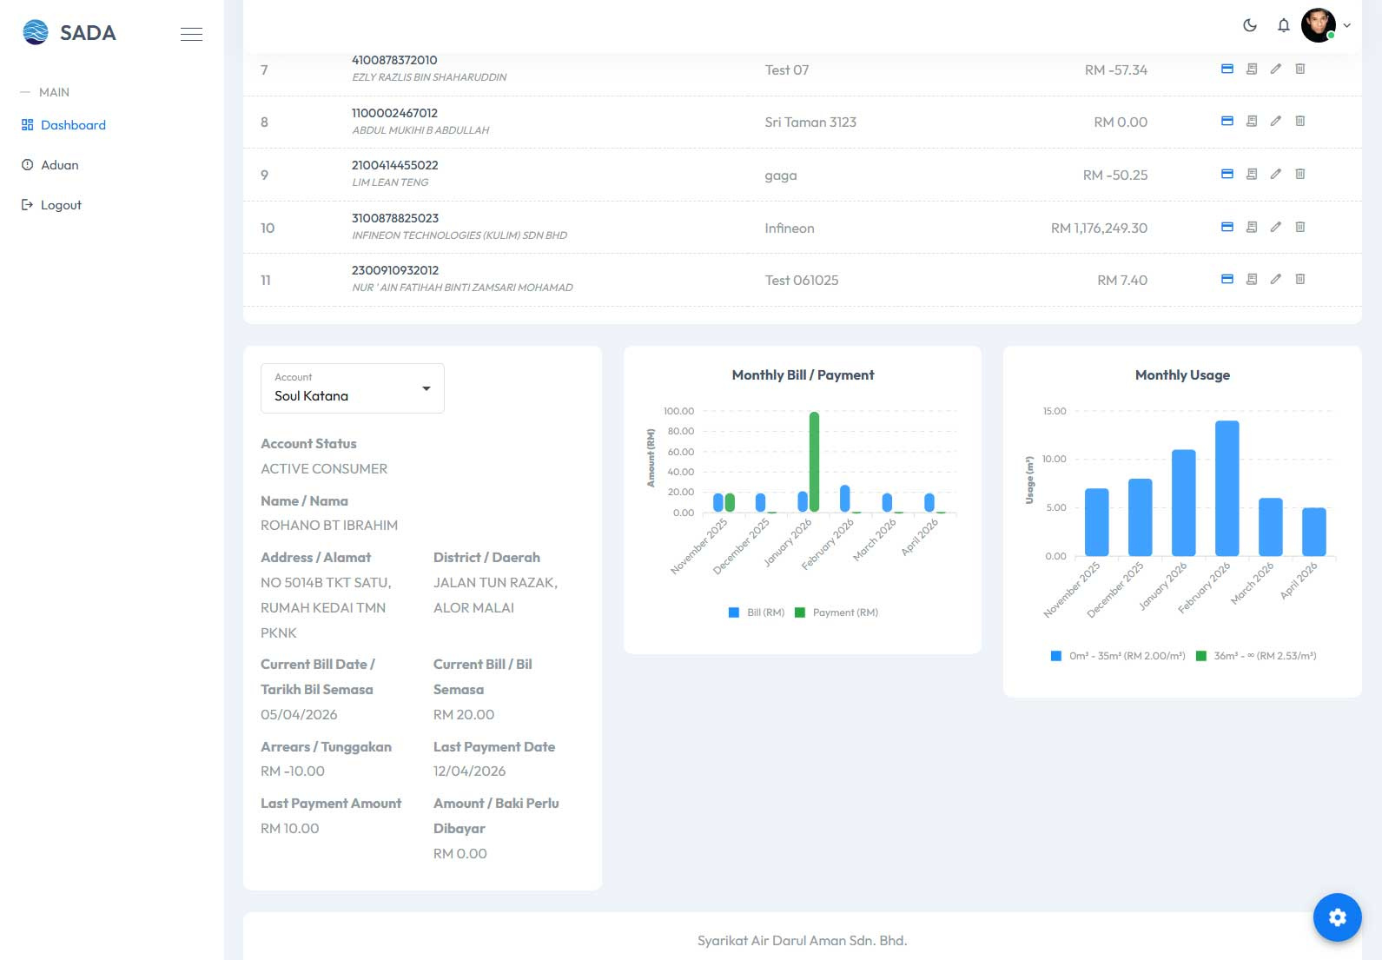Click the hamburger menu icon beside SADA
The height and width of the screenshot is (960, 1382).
(x=191, y=34)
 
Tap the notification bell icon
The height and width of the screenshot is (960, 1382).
(x=1283, y=25)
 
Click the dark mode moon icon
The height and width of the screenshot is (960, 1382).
(x=1249, y=25)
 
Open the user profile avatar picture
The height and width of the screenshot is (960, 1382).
(x=1318, y=25)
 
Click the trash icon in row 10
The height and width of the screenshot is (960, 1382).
(x=1300, y=227)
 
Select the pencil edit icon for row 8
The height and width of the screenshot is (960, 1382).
(x=1275, y=121)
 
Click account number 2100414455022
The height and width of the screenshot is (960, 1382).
(x=395, y=165)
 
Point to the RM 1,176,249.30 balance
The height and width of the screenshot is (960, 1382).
(x=1099, y=228)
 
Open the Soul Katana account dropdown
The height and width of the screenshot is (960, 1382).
(x=353, y=388)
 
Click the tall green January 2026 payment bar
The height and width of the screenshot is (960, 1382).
(x=814, y=461)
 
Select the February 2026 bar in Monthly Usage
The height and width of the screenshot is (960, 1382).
(x=1227, y=488)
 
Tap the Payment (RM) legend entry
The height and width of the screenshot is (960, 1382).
(x=836, y=612)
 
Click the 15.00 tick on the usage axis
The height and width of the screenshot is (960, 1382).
(x=1054, y=411)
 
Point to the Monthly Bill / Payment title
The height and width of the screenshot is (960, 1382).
(x=803, y=375)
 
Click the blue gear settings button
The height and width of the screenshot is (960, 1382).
(x=1337, y=917)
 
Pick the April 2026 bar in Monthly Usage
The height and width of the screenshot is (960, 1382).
(x=1313, y=532)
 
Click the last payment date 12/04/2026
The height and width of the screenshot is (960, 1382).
(x=469, y=771)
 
